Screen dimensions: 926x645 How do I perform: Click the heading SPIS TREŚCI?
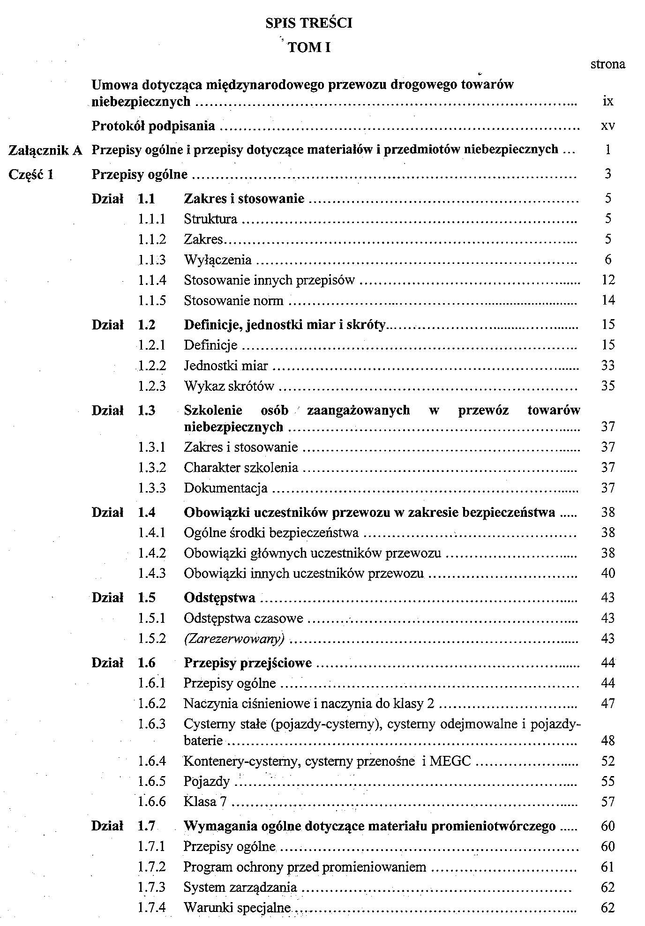[308, 23]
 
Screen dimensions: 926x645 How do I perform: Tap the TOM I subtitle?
[309, 47]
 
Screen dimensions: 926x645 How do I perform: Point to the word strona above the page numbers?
[607, 64]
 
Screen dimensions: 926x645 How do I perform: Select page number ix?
[608, 101]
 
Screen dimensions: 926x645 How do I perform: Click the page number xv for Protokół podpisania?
[607, 126]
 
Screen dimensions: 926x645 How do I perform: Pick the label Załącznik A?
[46, 150]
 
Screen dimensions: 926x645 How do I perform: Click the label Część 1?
[31, 175]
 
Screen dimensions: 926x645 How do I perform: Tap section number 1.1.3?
[152, 260]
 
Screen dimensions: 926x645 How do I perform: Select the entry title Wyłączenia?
[217, 260]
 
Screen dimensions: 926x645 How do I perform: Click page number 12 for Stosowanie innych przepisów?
[607, 280]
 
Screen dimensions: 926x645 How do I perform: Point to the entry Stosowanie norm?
[233, 300]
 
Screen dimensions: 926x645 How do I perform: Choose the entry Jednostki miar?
[225, 366]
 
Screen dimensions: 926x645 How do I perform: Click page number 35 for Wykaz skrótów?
[607, 386]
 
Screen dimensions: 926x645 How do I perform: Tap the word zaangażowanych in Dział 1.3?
[358, 411]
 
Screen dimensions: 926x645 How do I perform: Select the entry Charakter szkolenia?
[241, 468]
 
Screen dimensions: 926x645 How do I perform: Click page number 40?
[607, 574]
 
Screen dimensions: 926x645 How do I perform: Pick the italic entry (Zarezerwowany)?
[234, 639]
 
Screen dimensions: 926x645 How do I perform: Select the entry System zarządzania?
[240, 887]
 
